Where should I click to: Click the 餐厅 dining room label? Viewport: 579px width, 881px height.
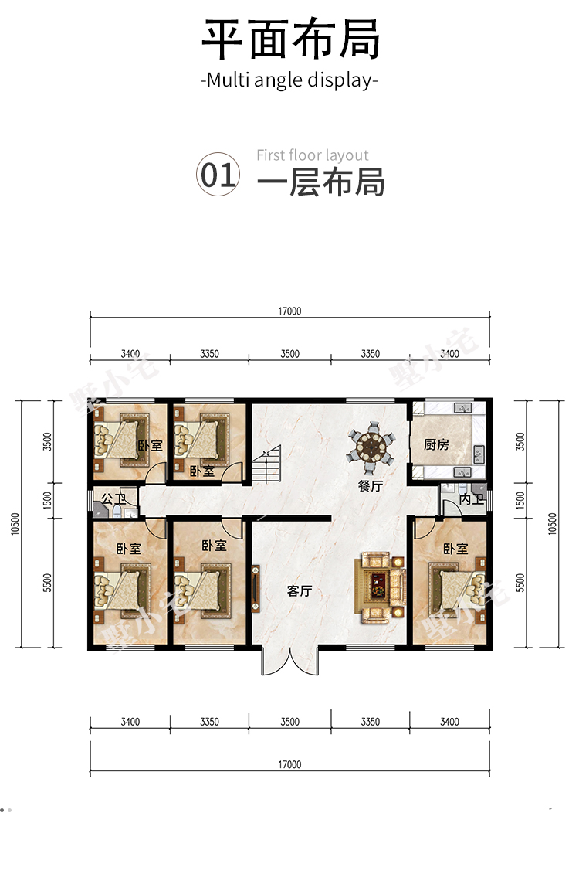click(371, 486)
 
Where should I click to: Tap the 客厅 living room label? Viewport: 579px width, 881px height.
click(299, 591)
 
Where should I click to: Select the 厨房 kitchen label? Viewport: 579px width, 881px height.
click(436, 445)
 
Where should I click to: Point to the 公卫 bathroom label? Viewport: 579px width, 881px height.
click(113, 499)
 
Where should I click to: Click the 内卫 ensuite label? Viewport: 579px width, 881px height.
click(471, 499)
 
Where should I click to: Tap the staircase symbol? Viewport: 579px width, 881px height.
click(266, 464)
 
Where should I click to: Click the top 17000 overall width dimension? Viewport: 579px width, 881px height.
click(289, 311)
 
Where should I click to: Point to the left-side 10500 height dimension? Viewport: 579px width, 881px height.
click(15, 524)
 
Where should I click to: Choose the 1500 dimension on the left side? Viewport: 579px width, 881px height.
click(48, 500)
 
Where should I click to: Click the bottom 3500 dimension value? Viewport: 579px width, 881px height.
click(290, 722)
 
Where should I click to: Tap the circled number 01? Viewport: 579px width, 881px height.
click(218, 175)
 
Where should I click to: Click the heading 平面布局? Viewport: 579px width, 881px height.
click(290, 39)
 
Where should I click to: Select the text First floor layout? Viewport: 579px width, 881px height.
click(313, 155)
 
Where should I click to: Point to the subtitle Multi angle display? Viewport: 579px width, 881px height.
click(289, 80)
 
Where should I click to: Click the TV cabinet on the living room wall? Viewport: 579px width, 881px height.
click(256, 589)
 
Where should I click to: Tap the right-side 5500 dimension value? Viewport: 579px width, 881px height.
click(520, 583)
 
